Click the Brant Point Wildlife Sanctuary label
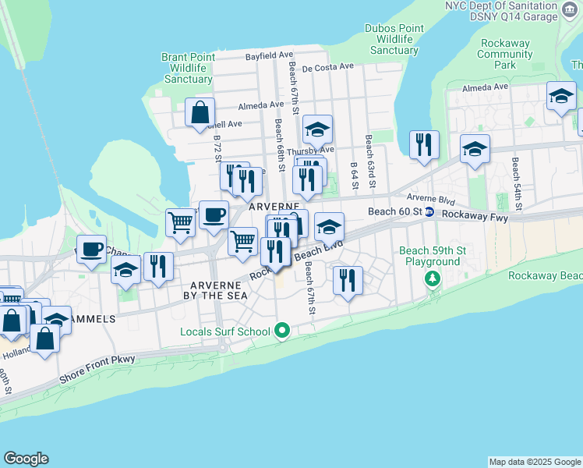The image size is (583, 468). pos(186,68)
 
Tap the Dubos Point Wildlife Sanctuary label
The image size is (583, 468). pos(394,39)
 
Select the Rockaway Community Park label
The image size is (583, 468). pos(505,54)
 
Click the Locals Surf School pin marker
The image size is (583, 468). pos(283,331)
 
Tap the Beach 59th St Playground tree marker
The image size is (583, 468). pos(433,278)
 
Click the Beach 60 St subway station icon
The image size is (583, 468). pos(429,212)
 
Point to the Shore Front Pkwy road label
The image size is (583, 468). pos(97,369)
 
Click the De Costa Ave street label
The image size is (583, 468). pos(328,69)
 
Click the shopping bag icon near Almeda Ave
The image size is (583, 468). pos(200,112)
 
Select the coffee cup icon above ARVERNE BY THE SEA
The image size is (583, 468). pos(214,215)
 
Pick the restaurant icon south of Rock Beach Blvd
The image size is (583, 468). pos(348,280)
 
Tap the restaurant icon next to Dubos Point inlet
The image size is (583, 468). pos(424,144)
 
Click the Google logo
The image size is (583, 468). pos(26,459)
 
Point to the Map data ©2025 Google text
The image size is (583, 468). pos(534,462)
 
